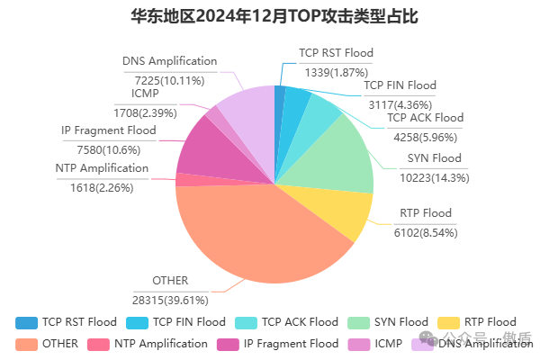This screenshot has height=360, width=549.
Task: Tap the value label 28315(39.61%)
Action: (x=172, y=298)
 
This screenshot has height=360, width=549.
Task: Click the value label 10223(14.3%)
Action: (x=434, y=177)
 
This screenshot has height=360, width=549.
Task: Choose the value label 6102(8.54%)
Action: (x=426, y=231)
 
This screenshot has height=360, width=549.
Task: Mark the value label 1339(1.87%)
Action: (x=336, y=72)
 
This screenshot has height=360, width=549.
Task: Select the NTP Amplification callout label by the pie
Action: (x=102, y=168)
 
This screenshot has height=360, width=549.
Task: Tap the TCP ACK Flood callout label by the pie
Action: (x=425, y=118)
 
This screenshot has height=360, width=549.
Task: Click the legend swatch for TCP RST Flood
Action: (x=27, y=322)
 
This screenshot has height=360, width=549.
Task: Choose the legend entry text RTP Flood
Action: (x=490, y=322)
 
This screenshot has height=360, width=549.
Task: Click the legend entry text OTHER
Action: (x=60, y=343)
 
